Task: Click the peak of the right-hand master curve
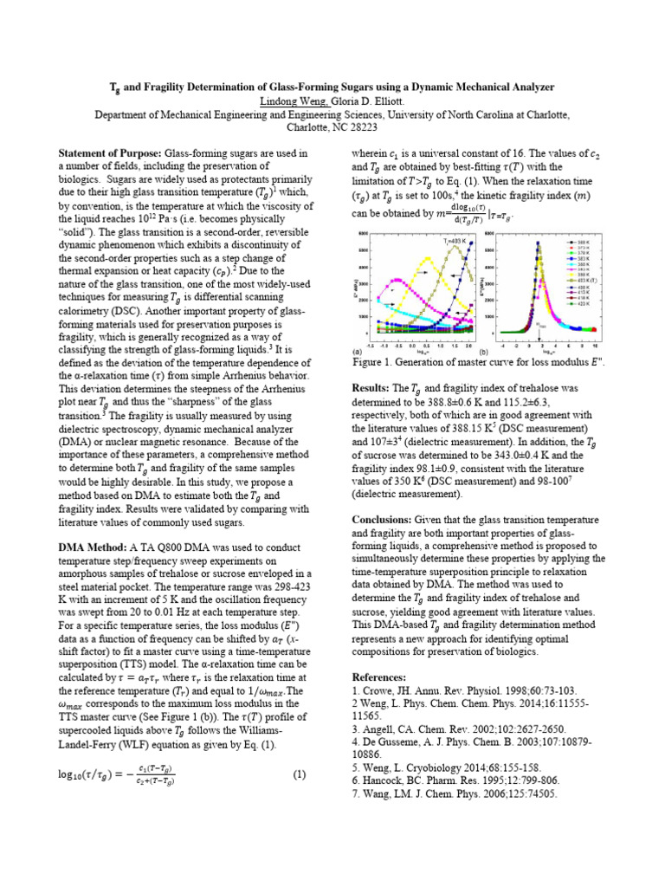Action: pos(538,243)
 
